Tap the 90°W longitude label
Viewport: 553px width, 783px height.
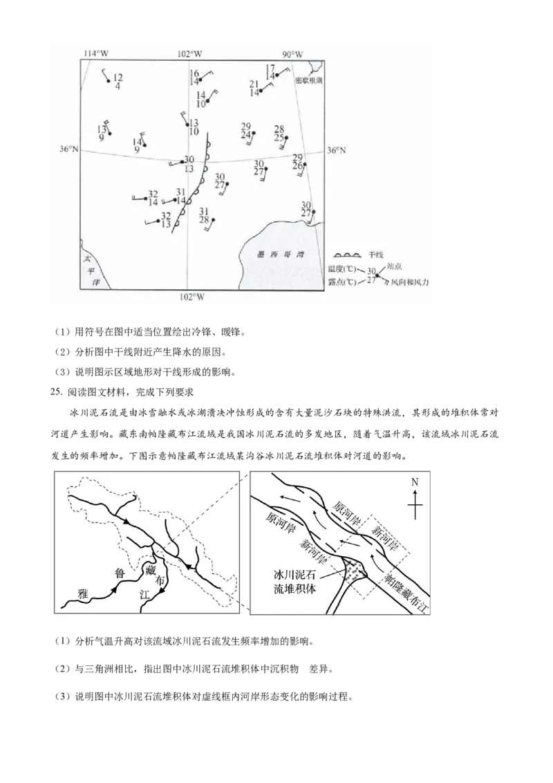tap(292, 54)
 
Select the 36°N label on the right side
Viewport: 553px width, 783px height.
tap(335, 150)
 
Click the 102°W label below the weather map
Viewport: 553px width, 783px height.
tap(191, 297)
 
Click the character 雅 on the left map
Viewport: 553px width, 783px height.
tap(83, 593)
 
